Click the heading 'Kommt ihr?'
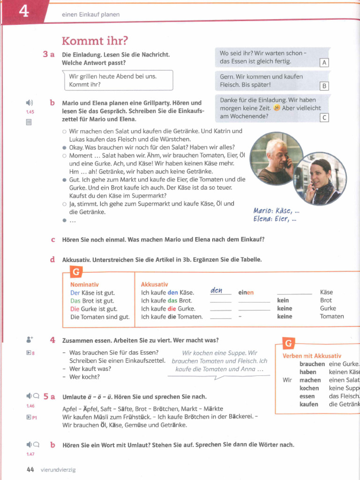coord(95,41)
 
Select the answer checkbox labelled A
coord(324,63)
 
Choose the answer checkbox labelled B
coord(324,86)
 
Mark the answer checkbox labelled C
coord(324,118)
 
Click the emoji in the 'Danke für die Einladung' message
coord(277,108)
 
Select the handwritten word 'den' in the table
coord(216,291)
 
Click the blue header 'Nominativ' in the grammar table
coord(84,285)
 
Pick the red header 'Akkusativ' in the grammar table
coord(154,285)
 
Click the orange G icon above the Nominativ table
coord(75,272)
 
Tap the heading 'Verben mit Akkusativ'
coord(312,356)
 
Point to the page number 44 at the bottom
coord(30,469)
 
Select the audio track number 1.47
coord(30,454)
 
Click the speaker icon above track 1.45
coord(30,103)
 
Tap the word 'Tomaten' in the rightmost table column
coord(332,316)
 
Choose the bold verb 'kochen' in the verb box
coord(309,388)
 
